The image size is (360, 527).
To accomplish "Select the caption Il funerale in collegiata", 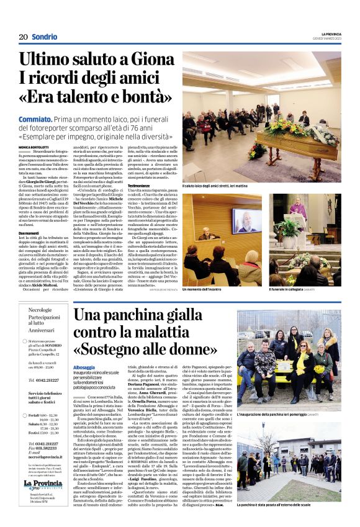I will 292,273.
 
